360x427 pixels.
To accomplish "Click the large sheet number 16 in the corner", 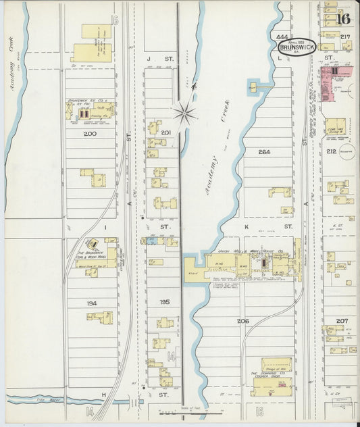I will [344, 18].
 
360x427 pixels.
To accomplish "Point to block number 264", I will [264, 152].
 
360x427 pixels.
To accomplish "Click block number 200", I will [90, 134].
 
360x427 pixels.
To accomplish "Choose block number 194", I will [92, 303].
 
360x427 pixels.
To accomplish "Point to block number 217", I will [345, 36].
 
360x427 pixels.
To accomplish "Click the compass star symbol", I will [184, 109].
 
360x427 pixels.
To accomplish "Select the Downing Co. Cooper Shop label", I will [272, 374].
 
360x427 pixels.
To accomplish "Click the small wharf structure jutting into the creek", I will [255, 86].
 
